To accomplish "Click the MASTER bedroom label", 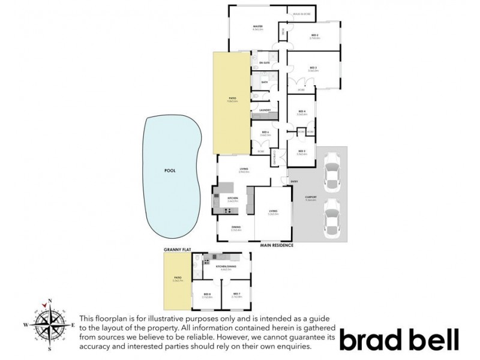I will tap(259, 27).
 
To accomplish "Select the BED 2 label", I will tap(313, 36).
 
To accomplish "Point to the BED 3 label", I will tap(313, 68).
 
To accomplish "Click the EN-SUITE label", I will tap(264, 63).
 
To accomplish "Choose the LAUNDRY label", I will tap(265, 110).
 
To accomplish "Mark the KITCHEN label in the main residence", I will tap(232, 198).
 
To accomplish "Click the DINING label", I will tap(235, 227).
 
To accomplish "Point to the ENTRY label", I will tap(294, 181).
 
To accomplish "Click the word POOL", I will tap(170, 170).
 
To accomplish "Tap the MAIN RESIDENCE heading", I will tap(276, 245).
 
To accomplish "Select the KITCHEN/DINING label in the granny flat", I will tap(225, 268).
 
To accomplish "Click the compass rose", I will tap(50, 324).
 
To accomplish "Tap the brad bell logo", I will tap(399, 339).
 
